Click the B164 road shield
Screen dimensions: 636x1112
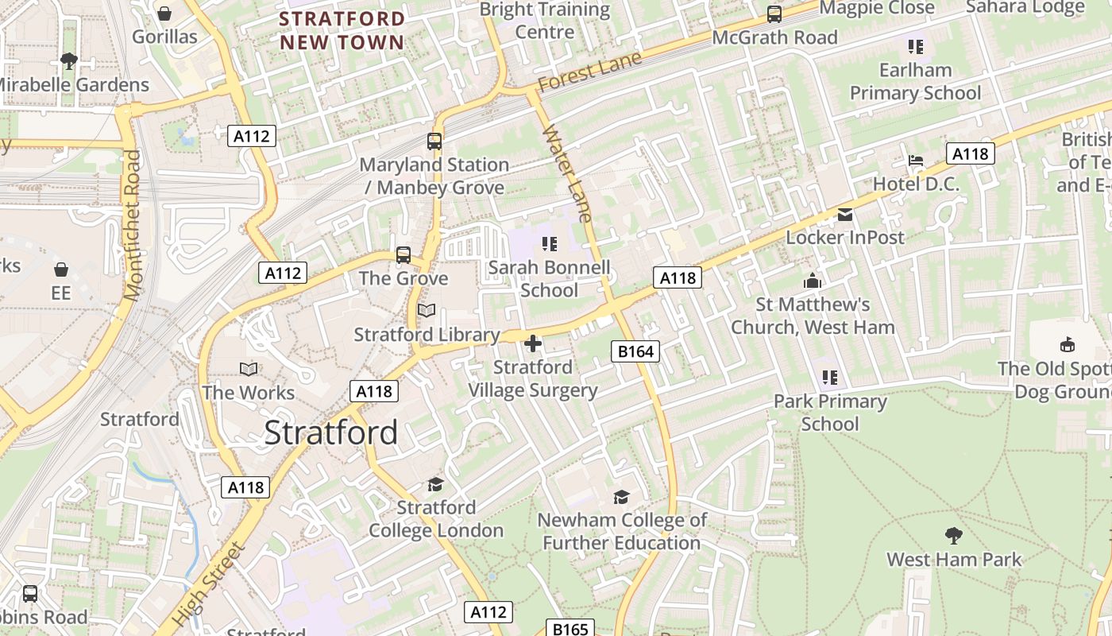click(635, 351)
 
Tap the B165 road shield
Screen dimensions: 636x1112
click(570, 629)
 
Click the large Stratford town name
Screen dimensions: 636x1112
click(330, 433)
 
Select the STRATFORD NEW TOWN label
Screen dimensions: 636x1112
click(342, 30)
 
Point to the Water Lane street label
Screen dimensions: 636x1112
click(568, 173)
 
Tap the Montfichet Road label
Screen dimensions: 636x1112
click(132, 226)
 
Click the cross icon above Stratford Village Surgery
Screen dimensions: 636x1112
click(533, 343)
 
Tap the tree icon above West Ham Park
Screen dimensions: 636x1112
click(954, 536)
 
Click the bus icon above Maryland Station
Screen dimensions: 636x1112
click(434, 142)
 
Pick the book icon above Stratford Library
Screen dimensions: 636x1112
click(427, 311)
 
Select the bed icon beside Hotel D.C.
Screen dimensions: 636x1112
click(916, 161)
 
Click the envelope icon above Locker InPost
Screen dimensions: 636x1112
click(845, 215)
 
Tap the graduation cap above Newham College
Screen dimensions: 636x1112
click(621, 497)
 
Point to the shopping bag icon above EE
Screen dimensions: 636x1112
click(61, 270)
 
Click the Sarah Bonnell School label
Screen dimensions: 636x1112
click(549, 278)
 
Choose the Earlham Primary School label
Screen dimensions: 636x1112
click(915, 82)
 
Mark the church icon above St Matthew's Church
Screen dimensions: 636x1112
click(813, 281)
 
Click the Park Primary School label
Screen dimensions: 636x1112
click(830, 412)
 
